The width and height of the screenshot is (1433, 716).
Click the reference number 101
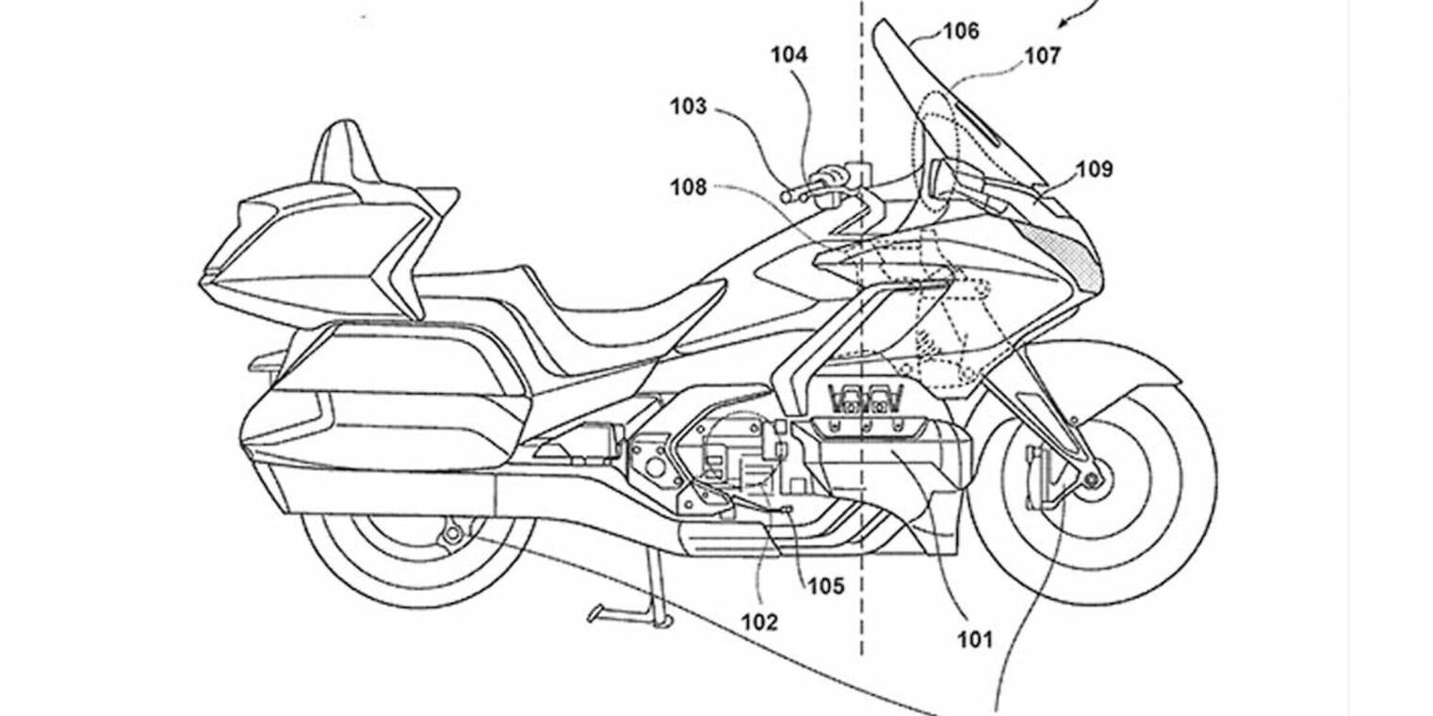(x=975, y=641)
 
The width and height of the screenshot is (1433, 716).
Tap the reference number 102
(x=759, y=622)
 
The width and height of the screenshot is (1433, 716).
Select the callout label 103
(x=688, y=106)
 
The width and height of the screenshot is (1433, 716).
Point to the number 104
(x=789, y=56)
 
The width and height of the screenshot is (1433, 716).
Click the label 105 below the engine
(x=824, y=586)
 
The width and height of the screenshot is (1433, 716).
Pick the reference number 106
(x=961, y=31)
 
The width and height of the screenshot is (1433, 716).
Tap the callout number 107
(x=1042, y=57)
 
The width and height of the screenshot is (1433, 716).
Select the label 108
(x=688, y=187)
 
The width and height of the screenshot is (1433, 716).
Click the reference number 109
(x=1093, y=170)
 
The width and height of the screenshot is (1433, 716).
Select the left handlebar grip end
(x=786, y=194)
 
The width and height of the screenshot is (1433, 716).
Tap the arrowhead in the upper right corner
(x=1066, y=20)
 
